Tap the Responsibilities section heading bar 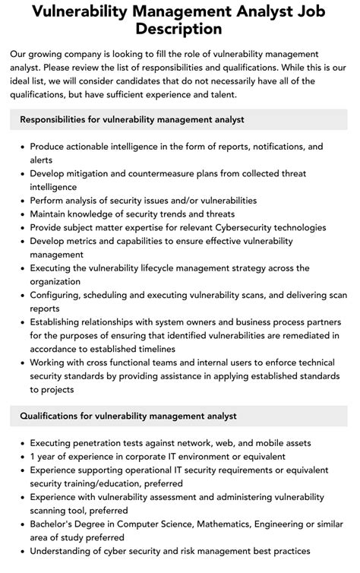[x=179, y=119]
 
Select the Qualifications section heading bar [x=179, y=416]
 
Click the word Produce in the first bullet [x=49, y=146]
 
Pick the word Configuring [x=58, y=295]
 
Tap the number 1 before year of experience [x=33, y=456]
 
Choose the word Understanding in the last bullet [x=66, y=551]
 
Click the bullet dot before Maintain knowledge [x=21, y=214]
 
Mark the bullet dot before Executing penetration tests [x=21, y=442]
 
